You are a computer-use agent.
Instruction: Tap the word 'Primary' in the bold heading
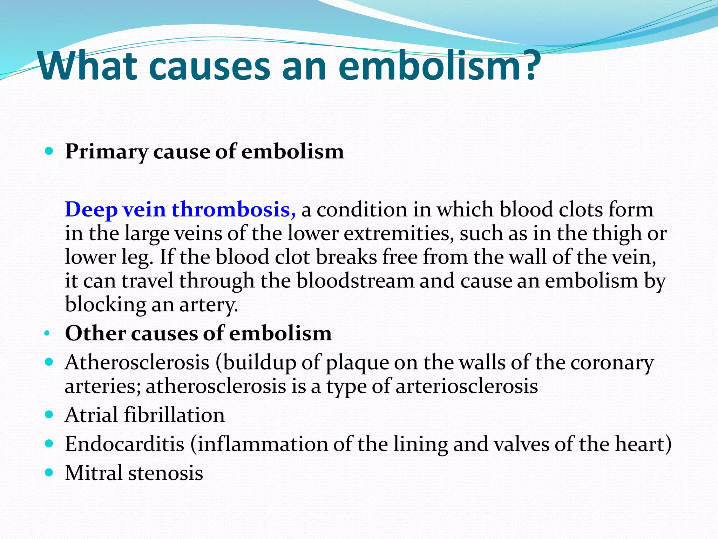(x=107, y=152)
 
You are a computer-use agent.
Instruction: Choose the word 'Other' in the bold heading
(x=95, y=333)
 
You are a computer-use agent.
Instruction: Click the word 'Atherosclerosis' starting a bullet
(x=137, y=362)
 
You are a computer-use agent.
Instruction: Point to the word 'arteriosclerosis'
(x=467, y=386)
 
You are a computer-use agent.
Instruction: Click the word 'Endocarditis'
(x=125, y=444)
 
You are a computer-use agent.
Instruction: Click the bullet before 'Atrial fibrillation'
(x=49, y=415)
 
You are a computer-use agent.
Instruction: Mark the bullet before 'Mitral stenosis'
(x=49, y=472)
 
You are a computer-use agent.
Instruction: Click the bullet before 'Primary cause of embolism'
(x=49, y=152)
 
